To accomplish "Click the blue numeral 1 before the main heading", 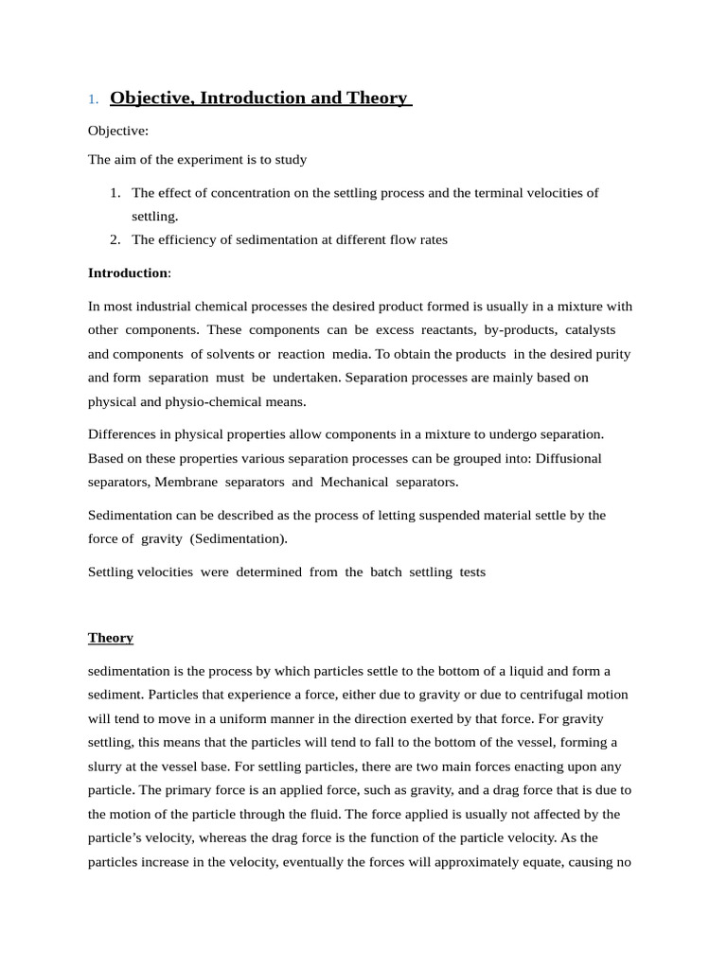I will coord(92,99).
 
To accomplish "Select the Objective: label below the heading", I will coord(118,131).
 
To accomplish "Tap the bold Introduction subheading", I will coord(128,273).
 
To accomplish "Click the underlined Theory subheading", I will coord(111,638).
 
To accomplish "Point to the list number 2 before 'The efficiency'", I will coord(115,239).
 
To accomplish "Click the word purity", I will coord(609,353).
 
